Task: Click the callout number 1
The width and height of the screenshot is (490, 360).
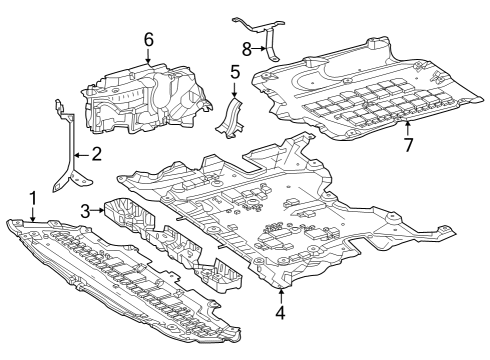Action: pyautogui.click(x=33, y=198)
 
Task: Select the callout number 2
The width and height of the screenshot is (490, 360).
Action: pyautogui.click(x=96, y=155)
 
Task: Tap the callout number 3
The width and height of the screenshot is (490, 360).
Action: pyautogui.click(x=85, y=211)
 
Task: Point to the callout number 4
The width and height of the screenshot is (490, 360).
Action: pyautogui.click(x=281, y=312)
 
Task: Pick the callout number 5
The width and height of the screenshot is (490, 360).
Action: pyautogui.click(x=235, y=72)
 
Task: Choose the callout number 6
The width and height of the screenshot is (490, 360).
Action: pyautogui.click(x=149, y=40)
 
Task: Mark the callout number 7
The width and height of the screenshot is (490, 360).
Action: pyautogui.click(x=408, y=144)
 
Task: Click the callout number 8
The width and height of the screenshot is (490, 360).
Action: pyautogui.click(x=247, y=49)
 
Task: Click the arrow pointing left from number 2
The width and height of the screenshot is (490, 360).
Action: pyautogui.click(x=82, y=155)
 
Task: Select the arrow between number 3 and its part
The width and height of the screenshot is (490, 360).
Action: pyautogui.click(x=97, y=210)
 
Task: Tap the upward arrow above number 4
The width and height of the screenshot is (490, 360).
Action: pyautogui.click(x=282, y=296)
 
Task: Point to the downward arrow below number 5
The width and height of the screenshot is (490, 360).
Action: pyautogui.click(x=235, y=89)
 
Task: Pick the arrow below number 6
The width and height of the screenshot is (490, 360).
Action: pyautogui.click(x=148, y=56)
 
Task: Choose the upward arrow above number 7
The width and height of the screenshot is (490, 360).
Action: pyautogui.click(x=407, y=129)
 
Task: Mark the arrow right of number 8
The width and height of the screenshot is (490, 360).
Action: pyautogui.click(x=259, y=49)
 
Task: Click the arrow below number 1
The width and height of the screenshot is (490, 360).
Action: pyautogui.click(x=33, y=214)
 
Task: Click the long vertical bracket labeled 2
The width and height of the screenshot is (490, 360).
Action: pyautogui.click(x=71, y=150)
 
